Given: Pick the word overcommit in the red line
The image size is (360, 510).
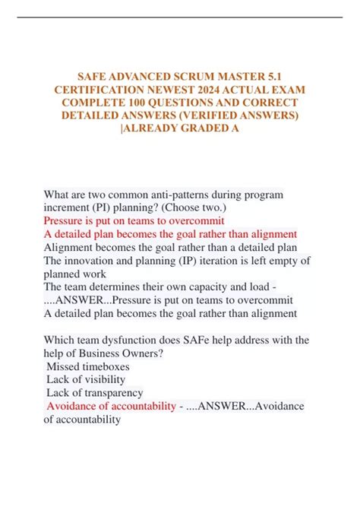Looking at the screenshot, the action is pyautogui.click(x=196, y=221).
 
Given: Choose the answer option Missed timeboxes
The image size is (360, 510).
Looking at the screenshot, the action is pyautogui.click(x=87, y=367).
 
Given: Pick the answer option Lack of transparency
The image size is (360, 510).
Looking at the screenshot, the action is pyautogui.click(x=95, y=393).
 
